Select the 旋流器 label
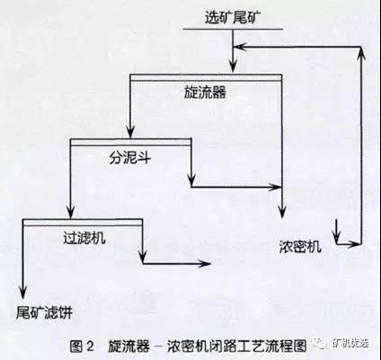205,92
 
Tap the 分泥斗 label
129,157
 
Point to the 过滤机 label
84,238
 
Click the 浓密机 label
300,246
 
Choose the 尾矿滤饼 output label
44,312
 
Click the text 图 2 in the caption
82,346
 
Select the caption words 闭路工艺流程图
257,346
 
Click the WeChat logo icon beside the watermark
320,344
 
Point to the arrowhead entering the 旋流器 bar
233,66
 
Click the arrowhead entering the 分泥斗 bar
130,131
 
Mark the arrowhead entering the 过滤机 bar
70,212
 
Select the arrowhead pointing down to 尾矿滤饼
23,292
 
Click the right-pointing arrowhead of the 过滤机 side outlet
205,264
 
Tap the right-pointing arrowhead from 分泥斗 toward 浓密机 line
274,188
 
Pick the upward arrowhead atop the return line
362,53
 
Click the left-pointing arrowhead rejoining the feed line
240,47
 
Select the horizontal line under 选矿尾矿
233,30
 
